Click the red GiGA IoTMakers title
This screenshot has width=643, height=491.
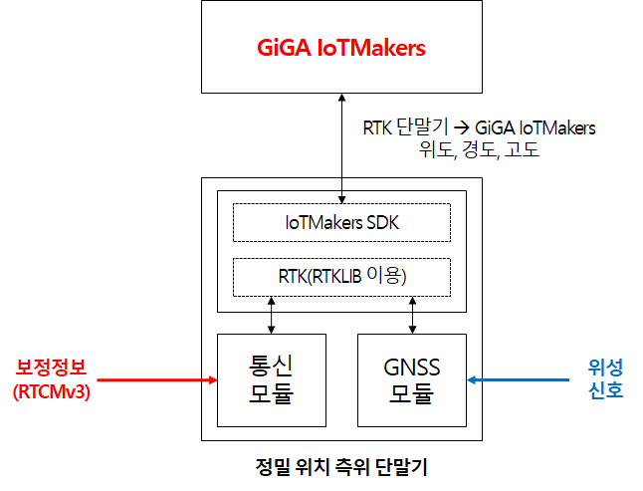tap(341, 48)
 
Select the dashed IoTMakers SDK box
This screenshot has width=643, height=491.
tap(341, 223)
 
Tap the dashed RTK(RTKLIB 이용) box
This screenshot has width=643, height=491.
tap(341, 276)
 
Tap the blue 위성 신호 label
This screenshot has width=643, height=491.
tap(605, 379)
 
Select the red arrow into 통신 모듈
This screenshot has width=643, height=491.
tap(159, 379)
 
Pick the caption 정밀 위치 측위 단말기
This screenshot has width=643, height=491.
tap(342, 464)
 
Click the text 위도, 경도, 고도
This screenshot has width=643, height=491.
tap(481, 150)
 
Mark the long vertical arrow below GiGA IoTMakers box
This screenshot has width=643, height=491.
tap(341, 139)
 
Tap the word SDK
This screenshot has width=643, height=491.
tap(381, 223)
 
